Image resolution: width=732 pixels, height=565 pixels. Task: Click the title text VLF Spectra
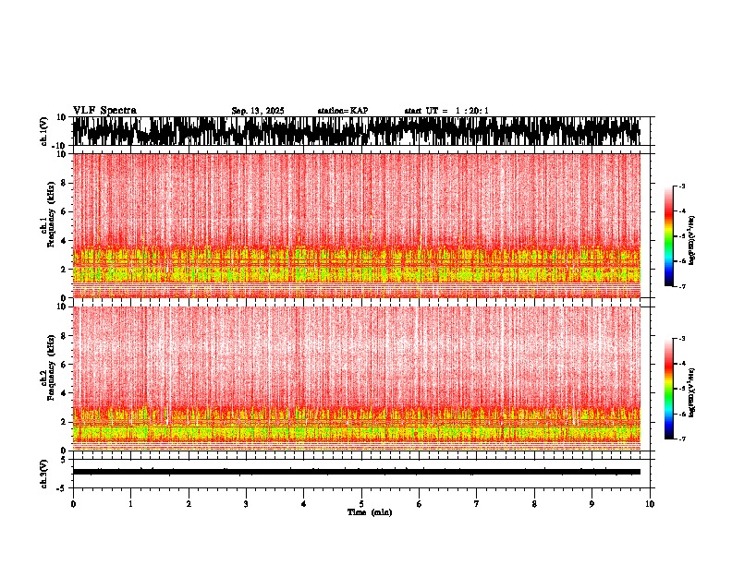pyautogui.click(x=104, y=111)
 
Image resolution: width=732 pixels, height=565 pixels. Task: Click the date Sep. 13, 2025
pyautogui.click(x=258, y=111)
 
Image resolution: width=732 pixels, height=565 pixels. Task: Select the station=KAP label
pyautogui.click(x=343, y=111)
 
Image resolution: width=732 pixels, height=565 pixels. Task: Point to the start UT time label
pyautogui.click(x=446, y=111)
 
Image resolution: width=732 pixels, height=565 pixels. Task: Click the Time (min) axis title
pyautogui.click(x=370, y=512)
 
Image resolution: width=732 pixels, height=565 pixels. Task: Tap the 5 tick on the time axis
pyautogui.click(x=361, y=504)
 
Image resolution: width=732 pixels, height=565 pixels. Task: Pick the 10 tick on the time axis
pyautogui.click(x=651, y=504)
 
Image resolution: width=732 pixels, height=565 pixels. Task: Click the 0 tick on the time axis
pyautogui.click(x=73, y=504)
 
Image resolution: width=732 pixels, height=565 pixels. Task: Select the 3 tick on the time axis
pyautogui.click(x=246, y=504)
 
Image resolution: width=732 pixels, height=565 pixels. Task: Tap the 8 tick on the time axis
pyautogui.click(x=535, y=504)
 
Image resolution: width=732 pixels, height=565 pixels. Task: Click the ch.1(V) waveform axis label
pyautogui.click(x=43, y=132)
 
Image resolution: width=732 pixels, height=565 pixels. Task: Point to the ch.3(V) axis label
pyautogui.click(x=43, y=472)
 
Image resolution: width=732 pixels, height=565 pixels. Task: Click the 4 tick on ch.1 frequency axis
pyautogui.click(x=65, y=240)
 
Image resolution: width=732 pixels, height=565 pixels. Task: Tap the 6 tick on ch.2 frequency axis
pyautogui.click(x=65, y=364)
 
